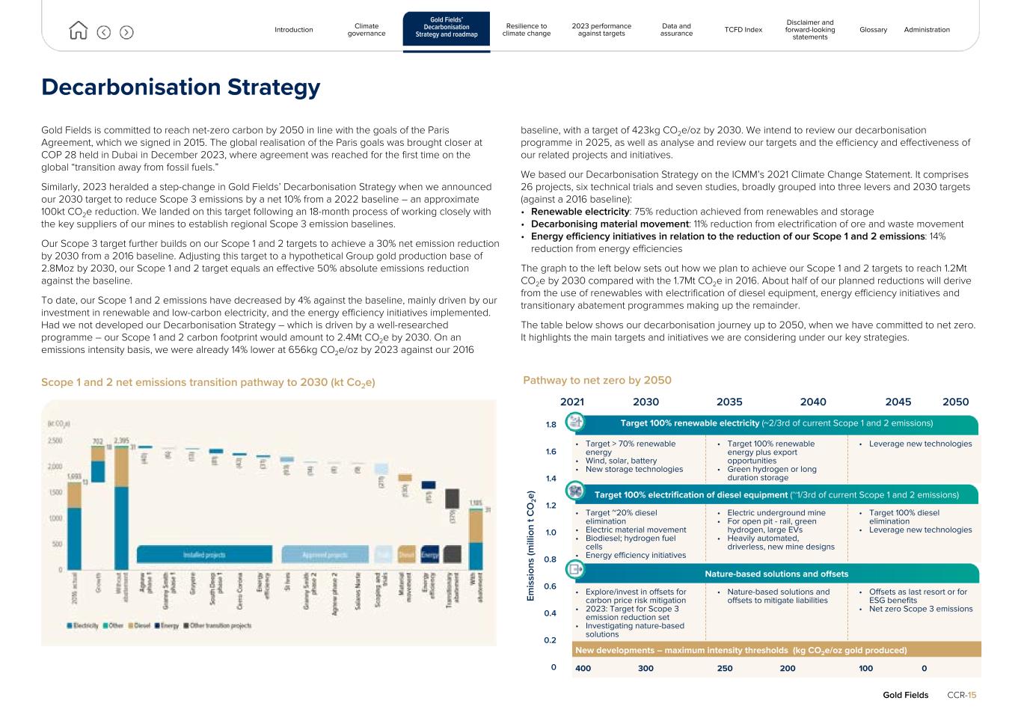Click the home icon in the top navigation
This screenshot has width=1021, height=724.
pos(78,31)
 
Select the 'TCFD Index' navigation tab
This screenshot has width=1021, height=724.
pos(743,30)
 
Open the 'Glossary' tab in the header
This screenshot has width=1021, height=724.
pos(873,30)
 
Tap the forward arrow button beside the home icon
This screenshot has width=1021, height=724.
pos(126,32)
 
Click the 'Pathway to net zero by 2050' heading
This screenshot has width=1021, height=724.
pos(597,380)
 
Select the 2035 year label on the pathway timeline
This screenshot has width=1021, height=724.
pos(729,402)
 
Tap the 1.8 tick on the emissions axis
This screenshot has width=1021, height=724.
pos(551,425)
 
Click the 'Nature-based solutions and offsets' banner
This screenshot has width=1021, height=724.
pos(776,574)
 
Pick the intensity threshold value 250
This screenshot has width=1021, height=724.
pos(725,669)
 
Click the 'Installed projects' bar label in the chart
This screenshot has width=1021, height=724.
pos(204,555)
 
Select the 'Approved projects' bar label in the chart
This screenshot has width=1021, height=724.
pos(325,555)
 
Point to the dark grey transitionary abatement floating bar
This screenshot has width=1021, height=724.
pos(452,498)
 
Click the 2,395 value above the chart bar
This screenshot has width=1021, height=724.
pos(121,441)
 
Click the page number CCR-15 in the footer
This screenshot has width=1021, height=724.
pos(961,695)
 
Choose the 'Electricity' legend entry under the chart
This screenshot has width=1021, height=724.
pos(84,625)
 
